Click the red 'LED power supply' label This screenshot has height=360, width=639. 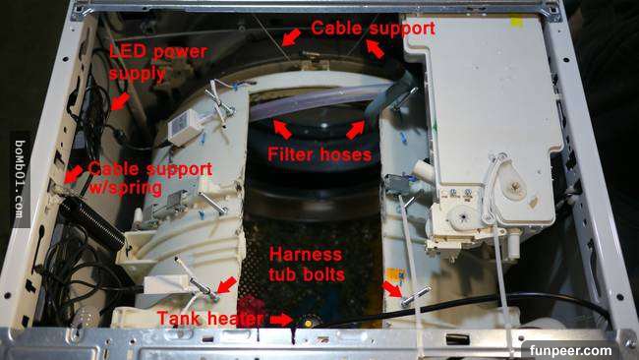tap(158, 62)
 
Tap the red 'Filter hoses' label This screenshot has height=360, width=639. tap(319, 154)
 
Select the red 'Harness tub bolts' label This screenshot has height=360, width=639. tap(307, 265)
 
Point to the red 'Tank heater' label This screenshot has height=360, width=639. tap(210, 318)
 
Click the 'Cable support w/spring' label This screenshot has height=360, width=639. tap(150, 178)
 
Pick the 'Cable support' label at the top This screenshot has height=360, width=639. tap(373, 29)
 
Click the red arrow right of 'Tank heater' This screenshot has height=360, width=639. tap(281, 320)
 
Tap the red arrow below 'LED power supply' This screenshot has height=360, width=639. tap(120, 101)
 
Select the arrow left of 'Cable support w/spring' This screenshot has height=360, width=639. tap(74, 174)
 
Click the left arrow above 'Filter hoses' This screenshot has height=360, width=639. tap(282, 129)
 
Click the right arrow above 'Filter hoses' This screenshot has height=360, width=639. tap(355, 130)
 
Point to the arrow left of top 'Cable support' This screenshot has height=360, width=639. tap(291, 37)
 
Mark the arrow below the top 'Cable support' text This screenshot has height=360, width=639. tap(375, 49)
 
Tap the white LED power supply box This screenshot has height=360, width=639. tap(185, 126)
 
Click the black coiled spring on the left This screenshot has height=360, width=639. tap(91, 222)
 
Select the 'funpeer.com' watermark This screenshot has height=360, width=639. tap(570, 350)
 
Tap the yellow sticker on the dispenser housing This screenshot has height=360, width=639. tap(517, 22)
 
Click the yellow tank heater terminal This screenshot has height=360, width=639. tap(308, 324)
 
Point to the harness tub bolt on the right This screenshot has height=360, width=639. tap(415, 297)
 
